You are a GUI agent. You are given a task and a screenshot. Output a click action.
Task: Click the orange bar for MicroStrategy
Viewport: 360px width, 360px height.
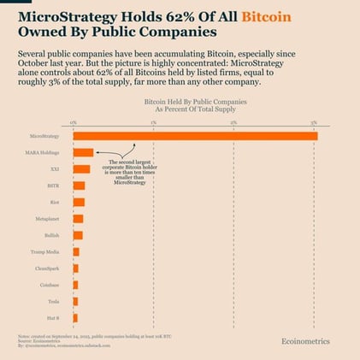coord(195,136)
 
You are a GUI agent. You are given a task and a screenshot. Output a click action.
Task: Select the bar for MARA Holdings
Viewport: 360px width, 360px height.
coord(84,152)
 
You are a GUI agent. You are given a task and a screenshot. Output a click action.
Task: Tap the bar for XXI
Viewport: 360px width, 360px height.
coord(82,168)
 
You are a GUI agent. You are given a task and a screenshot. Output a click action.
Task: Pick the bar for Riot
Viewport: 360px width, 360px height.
coord(79,202)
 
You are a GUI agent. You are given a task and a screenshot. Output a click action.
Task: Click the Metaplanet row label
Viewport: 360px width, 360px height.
coord(48,218)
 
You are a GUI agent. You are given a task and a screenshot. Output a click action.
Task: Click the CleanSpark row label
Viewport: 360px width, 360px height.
coord(48,268)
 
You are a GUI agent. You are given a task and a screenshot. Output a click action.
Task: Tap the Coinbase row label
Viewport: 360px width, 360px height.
coord(50,285)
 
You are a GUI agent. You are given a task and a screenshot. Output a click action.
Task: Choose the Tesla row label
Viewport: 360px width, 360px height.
coord(53,301)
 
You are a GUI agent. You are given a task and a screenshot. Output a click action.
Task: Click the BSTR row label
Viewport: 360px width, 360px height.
coord(53,185)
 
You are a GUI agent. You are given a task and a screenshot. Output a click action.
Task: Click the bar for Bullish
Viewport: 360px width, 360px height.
coord(78,234)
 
